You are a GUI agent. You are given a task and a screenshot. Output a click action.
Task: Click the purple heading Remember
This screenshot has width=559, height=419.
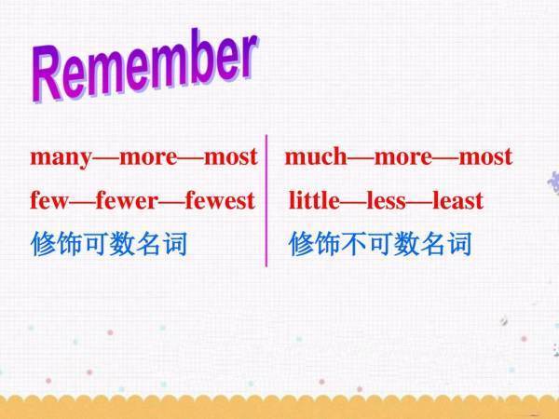pos(144,65)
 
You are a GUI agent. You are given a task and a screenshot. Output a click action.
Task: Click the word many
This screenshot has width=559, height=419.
pos(61,158)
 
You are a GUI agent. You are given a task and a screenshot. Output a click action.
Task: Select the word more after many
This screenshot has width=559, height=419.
pos(148,158)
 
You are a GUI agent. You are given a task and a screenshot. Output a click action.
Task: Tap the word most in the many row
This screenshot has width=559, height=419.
pos(231,156)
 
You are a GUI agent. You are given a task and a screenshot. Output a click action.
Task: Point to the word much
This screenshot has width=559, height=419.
pos(316,156)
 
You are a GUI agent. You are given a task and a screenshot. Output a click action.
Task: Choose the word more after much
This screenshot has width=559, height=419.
pos(402,157)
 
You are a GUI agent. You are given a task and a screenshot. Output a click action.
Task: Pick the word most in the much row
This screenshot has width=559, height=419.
pos(485,156)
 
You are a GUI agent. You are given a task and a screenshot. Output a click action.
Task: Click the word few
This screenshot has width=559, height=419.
pos(49,200)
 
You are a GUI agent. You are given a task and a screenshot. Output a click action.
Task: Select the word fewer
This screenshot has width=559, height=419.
pos(127,200)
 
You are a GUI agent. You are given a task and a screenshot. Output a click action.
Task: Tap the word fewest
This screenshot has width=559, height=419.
pos(220,200)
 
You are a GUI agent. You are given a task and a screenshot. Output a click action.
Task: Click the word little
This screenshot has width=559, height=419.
pos(314,200)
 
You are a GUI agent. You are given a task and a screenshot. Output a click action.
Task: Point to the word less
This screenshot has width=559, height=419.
pos(386,200)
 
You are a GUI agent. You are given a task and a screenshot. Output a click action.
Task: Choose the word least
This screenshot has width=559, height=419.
pos(457,200)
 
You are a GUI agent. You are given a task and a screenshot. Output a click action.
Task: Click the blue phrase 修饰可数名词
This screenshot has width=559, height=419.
pos(109,244)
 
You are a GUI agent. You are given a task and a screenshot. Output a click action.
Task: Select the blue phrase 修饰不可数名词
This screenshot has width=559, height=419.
pos(380,244)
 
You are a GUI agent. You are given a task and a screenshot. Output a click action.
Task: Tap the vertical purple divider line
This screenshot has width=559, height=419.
pos(266,200)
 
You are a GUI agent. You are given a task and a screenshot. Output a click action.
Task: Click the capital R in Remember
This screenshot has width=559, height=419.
pos(47,74)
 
